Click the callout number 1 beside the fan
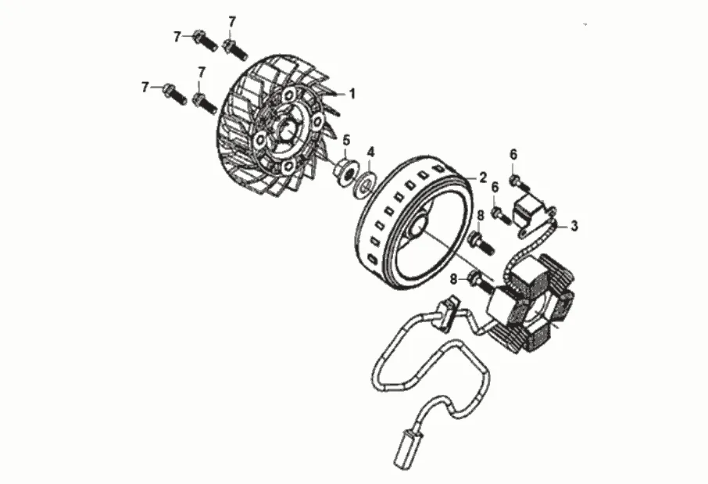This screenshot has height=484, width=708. click(352, 94)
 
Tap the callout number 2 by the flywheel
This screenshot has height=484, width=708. click(483, 177)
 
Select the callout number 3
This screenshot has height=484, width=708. click(574, 227)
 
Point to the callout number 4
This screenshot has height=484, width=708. click(371, 151)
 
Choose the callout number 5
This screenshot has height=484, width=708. click(345, 141)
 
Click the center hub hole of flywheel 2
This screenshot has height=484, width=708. click(416, 225)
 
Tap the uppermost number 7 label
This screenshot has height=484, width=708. click(232, 20)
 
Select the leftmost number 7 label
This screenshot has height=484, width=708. click(145, 87)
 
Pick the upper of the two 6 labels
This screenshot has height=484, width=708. click(513, 153)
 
